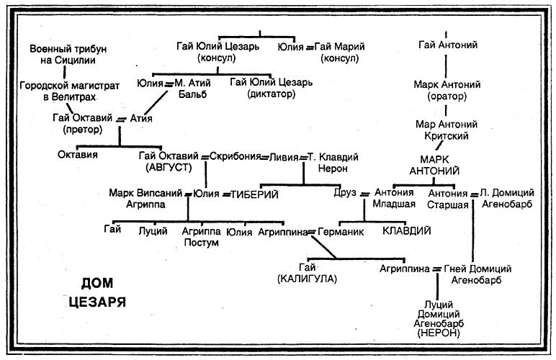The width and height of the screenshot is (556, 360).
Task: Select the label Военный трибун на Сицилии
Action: pyautogui.click(x=68, y=54)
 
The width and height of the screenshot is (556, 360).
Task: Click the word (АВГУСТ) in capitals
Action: pyautogui.click(x=169, y=166)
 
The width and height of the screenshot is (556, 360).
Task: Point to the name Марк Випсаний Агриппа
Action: pyautogui.click(x=146, y=198)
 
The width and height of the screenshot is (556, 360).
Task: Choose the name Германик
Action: pyautogui.click(x=344, y=231)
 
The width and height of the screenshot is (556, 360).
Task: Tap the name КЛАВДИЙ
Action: pyautogui.click(x=407, y=231)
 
